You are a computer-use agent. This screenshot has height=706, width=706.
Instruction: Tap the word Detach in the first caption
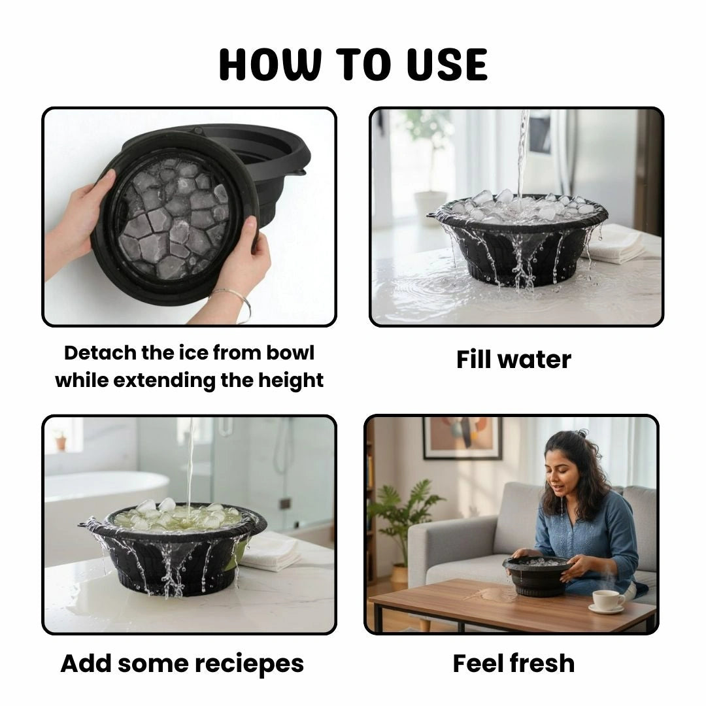[101, 353]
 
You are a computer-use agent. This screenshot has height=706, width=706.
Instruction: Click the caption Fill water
[513, 360]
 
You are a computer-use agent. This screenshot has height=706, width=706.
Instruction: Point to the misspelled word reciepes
[248, 664]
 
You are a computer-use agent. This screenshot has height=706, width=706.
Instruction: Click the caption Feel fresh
[513, 664]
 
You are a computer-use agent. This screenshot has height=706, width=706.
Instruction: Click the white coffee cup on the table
[607, 599]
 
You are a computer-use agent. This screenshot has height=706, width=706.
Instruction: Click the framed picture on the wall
[462, 437]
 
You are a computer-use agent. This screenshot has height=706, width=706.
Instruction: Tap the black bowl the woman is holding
[537, 575]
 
